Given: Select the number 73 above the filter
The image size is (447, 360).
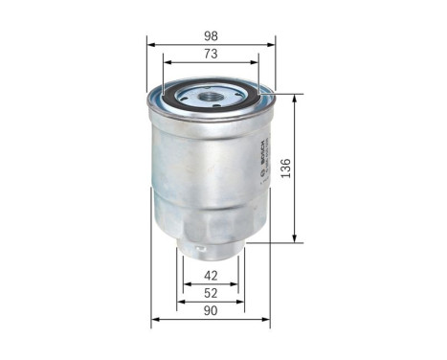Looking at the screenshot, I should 211,54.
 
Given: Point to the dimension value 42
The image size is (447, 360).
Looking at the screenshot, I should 211,276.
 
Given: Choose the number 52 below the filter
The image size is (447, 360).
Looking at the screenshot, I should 211,293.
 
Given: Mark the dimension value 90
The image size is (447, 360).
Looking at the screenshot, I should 211,311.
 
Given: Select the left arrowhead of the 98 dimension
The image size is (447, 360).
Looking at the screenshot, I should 150,43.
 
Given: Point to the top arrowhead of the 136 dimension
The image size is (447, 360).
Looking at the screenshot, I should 295,97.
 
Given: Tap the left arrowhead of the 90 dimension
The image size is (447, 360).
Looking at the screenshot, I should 154,320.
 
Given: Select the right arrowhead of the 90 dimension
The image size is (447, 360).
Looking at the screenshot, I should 268,320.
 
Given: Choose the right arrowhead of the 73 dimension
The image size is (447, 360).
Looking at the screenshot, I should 256,63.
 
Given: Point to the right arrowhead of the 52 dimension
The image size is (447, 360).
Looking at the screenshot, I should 242,302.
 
